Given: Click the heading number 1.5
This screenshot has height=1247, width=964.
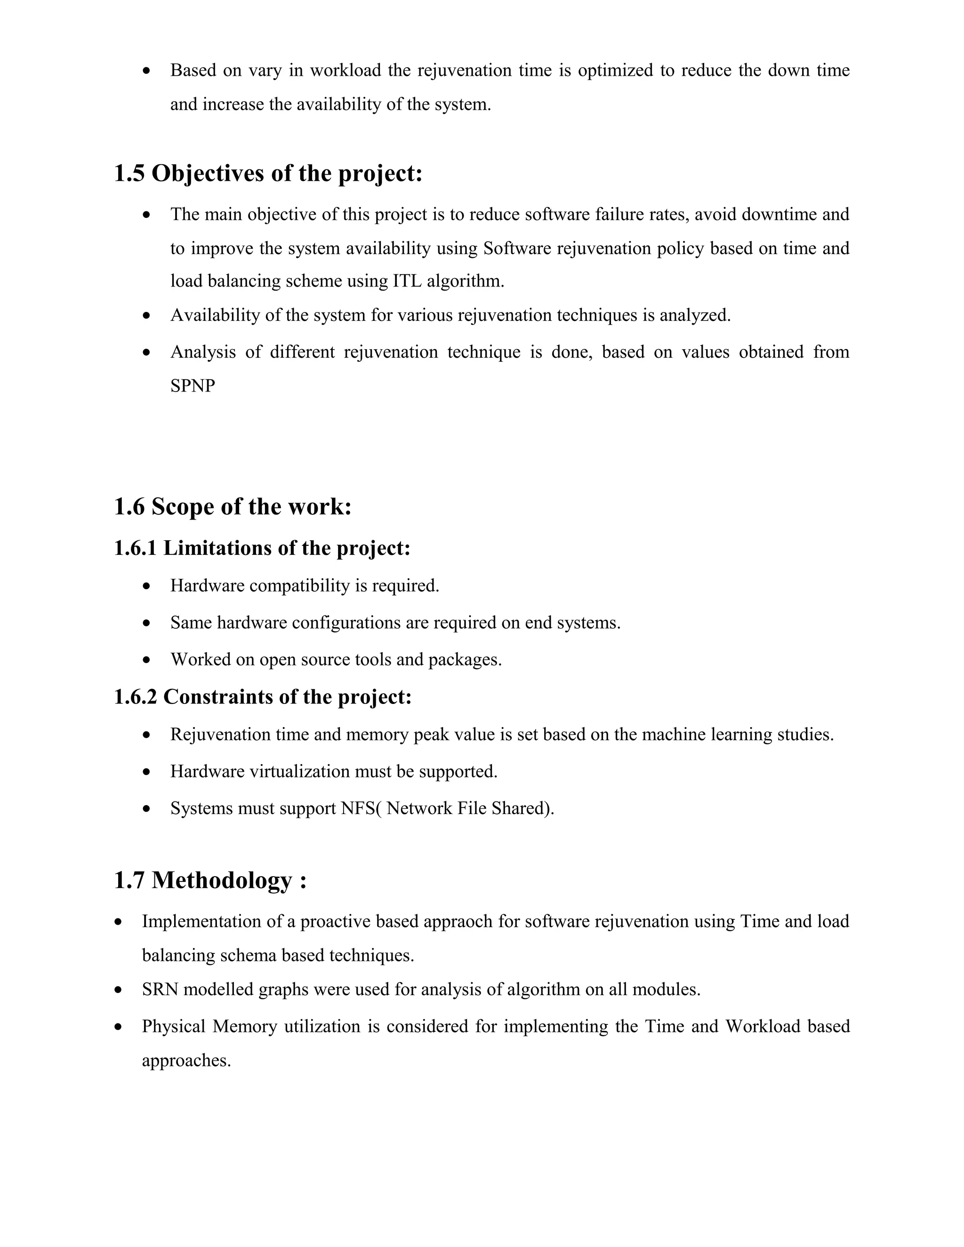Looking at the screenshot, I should (129, 174).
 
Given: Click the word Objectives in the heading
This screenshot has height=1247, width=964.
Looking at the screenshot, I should (207, 174).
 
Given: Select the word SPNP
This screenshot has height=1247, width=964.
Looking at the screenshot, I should (193, 386).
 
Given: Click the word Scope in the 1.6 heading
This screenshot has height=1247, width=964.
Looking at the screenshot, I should (182, 506).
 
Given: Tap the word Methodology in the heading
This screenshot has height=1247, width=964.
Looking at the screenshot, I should (222, 880).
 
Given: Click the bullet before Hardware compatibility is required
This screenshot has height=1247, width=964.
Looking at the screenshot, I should (147, 586).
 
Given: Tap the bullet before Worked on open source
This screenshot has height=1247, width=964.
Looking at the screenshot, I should (147, 660).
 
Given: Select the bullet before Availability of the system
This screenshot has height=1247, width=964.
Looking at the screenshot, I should (147, 315).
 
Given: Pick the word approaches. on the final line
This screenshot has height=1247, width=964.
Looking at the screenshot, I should (186, 1060).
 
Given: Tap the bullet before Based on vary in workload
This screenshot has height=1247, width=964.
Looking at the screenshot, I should (147, 71).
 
